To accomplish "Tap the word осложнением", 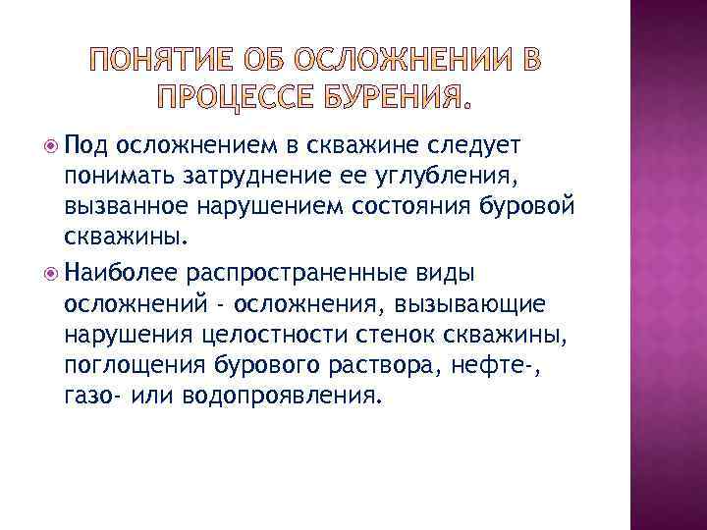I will (x=196, y=146).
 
